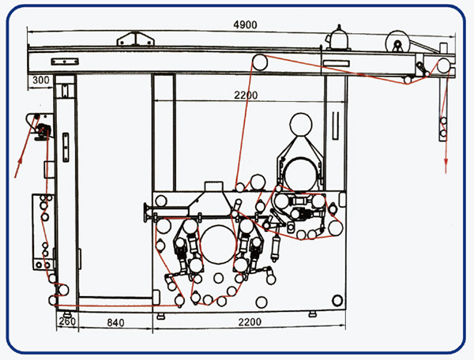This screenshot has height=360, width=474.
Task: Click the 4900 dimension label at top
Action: (245, 24)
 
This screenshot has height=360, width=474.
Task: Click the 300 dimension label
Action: (41, 80)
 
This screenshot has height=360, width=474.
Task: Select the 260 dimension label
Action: (67, 321)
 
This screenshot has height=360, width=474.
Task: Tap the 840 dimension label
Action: (115, 323)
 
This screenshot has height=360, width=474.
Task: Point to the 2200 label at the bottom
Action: (250, 322)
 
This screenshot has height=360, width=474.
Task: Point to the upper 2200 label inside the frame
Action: (246, 96)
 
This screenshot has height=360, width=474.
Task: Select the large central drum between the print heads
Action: (218, 244)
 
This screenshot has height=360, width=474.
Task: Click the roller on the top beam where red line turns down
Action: (260, 62)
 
